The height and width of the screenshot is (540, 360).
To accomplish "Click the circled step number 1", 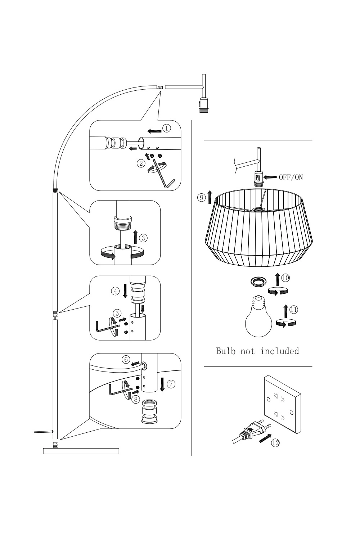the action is point(166,128).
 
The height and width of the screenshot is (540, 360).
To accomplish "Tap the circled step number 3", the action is point(143,238).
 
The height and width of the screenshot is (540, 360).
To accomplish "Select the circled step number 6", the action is point(126,360).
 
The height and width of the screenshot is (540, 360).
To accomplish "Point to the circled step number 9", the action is point(201,198).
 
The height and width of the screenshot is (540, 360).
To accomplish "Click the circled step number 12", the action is point(275,442).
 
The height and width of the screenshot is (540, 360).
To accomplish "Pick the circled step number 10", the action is point(285,278).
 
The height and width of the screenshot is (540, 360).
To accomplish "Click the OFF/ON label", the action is point(291,177).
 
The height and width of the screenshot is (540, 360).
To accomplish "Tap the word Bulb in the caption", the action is point(226,351).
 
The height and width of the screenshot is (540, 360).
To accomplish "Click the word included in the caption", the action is point(280,351).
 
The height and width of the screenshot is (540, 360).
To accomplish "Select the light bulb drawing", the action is point(258,316).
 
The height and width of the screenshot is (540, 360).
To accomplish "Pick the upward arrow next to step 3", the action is point(135,237).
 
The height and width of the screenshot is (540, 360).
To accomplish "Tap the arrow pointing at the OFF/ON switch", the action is point(270,177).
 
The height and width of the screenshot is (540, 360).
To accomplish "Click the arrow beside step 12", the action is point(265,438).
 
